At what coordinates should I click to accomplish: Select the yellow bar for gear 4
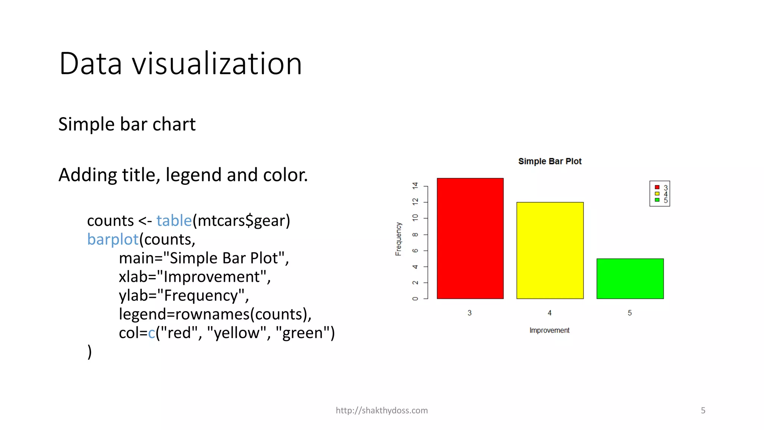click(550, 250)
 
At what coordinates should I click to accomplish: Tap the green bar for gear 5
click(630, 278)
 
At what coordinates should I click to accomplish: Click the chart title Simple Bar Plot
click(549, 161)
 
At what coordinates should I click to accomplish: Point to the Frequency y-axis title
click(398, 239)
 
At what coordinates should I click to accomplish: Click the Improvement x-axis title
click(549, 330)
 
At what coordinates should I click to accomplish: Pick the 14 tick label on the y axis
click(415, 186)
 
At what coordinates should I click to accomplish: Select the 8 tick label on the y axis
click(415, 234)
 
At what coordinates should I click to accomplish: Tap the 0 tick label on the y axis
click(415, 299)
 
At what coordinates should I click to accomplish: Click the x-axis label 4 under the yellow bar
click(549, 313)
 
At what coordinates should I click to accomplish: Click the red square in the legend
click(657, 187)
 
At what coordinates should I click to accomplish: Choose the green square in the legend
click(657, 200)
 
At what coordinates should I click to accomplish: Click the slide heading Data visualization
click(180, 63)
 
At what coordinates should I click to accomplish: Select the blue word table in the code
click(174, 221)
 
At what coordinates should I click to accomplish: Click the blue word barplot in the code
click(113, 239)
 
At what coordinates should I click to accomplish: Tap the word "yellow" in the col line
click(237, 333)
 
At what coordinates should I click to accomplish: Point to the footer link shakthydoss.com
click(382, 410)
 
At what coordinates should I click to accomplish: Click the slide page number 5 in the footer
click(703, 410)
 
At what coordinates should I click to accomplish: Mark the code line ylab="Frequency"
click(184, 295)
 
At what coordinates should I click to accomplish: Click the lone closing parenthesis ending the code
click(90, 352)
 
